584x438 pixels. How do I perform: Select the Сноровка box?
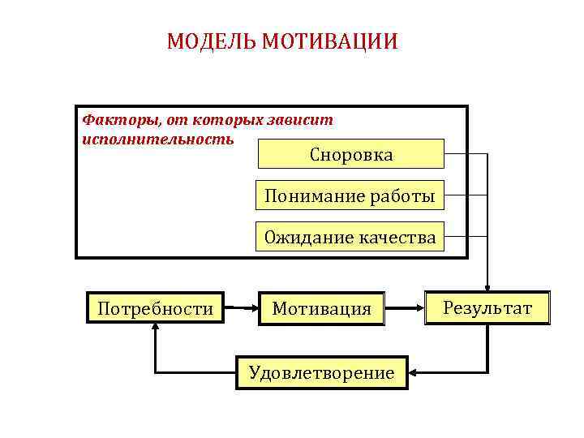coord(350,154)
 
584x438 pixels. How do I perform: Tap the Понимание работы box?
coord(350,195)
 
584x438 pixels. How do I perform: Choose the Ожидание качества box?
coord(350,238)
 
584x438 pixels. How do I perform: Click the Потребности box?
coord(155,308)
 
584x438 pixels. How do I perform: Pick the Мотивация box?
coord(322,308)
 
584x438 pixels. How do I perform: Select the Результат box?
coord(487,308)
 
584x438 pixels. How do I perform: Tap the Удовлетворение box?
coord(322,372)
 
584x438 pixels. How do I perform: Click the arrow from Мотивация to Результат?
coord(406,308)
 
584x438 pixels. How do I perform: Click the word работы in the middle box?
coord(403,195)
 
